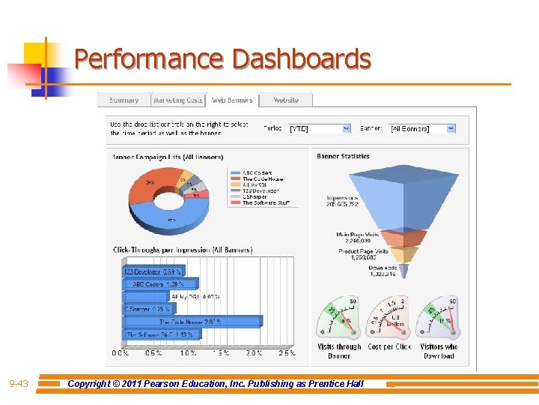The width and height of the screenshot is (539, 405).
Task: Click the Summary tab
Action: click(x=124, y=100)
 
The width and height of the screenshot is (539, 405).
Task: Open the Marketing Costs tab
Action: click(x=177, y=100)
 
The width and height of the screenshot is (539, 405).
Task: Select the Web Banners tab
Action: click(x=232, y=100)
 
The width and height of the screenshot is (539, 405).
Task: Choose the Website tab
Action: click(x=285, y=100)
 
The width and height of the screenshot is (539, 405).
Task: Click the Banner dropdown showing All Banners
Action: click(x=421, y=128)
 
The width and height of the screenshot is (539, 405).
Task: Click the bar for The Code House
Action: click(x=192, y=322)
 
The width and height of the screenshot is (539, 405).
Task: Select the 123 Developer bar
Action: click(x=153, y=271)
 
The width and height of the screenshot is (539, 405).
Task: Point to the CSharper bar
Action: click(x=147, y=309)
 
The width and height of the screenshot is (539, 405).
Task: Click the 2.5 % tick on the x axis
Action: click(x=286, y=352)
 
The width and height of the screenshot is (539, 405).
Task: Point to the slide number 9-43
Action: click(x=19, y=384)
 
